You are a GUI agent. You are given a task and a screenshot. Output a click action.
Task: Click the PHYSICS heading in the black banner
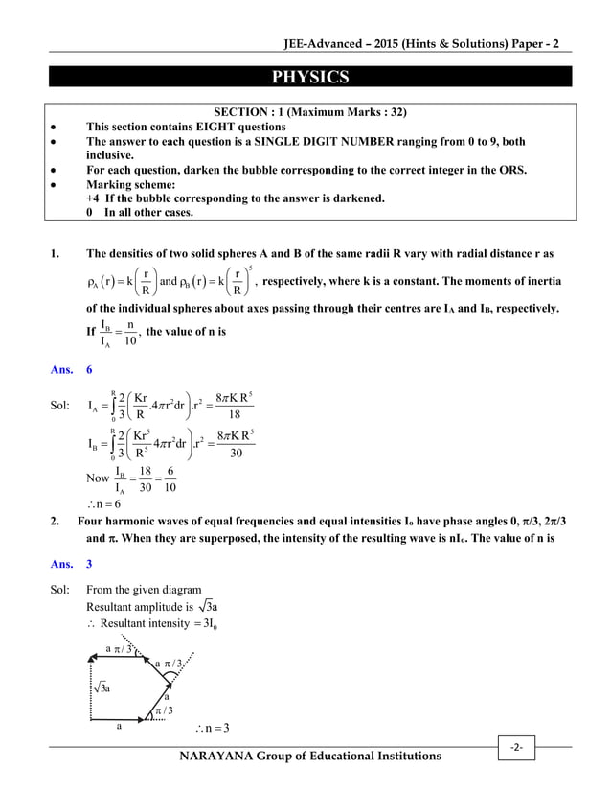tap(305, 77)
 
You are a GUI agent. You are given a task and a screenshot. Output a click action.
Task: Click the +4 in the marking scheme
tap(93, 198)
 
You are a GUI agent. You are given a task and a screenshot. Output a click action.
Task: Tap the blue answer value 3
tap(90, 565)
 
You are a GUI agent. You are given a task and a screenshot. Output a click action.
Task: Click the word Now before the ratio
tap(98, 477)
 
